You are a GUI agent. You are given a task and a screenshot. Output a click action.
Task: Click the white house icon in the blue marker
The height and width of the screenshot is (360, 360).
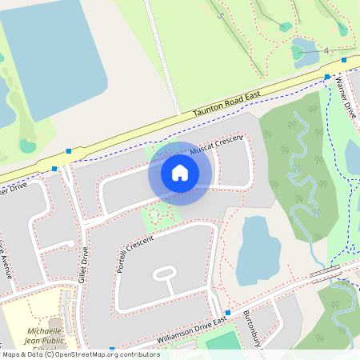pyautogui.click(x=180, y=173)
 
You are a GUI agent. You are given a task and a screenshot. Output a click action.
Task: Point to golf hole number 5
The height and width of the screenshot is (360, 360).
pyautogui.click(x=220, y=15)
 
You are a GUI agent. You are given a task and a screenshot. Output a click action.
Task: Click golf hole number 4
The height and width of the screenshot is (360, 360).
pyautogui.click(x=327, y=50)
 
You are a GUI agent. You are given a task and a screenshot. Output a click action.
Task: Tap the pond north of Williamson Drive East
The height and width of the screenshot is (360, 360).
pyautogui.click(x=258, y=250)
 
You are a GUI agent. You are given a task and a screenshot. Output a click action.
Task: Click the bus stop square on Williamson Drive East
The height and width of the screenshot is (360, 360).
pyautogui.click(x=228, y=312)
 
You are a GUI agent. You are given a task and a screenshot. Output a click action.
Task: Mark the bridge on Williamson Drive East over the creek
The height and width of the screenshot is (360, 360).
pyautogui.click(x=324, y=274)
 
